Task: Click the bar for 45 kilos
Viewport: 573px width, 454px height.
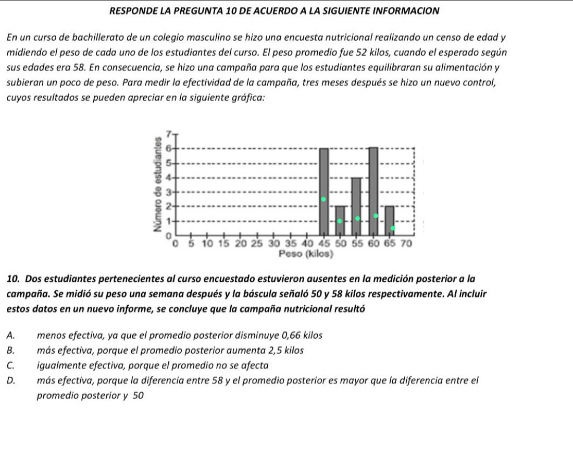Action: click(x=324, y=192)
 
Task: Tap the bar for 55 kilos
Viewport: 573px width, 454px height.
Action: click(x=356, y=207)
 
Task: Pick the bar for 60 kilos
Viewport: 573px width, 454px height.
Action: click(x=373, y=192)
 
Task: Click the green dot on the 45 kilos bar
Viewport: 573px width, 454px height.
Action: click(x=323, y=199)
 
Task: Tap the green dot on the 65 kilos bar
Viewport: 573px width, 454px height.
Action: click(x=393, y=228)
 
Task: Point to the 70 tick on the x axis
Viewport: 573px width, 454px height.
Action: click(x=406, y=243)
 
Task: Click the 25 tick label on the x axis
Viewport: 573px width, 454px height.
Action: click(x=257, y=243)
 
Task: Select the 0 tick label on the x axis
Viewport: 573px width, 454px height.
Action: click(x=175, y=243)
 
